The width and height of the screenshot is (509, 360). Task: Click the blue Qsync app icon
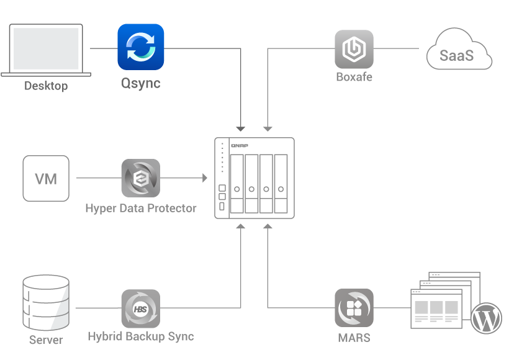point(141,47)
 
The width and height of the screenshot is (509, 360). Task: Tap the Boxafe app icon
point(354,49)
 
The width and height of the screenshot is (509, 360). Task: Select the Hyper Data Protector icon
point(140,179)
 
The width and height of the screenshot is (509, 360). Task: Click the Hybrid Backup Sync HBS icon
point(140,308)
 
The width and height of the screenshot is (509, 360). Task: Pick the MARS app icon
point(354,308)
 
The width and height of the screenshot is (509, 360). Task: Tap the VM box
point(46,179)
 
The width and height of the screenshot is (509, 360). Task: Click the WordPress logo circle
point(486,318)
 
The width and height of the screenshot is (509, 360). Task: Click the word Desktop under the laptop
point(46,86)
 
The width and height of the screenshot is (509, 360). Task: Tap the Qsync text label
point(140,83)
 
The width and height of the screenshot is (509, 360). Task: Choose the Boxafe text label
point(354,78)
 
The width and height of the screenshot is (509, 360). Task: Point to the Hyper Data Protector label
point(140,209)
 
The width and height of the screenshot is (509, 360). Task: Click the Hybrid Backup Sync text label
point(140,337)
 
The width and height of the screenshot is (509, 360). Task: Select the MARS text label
point(354,338)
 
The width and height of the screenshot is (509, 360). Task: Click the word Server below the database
point(46,340)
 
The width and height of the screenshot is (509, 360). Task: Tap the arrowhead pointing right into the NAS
point(204,179)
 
